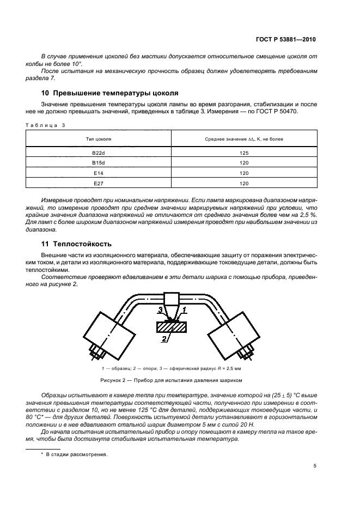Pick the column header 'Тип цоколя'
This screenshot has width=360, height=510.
click(x=99, y=139)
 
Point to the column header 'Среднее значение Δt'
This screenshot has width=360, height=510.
click(x=244, y=139)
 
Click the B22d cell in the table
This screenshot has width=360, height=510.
click(x=99, y=153)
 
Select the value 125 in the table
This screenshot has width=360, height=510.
click(x=244, y=153)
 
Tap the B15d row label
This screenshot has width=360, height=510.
click(x=99, y=163)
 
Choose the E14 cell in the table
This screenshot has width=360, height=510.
click(x=99, y=173)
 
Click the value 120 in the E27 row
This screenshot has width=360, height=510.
click(x=244, y=183)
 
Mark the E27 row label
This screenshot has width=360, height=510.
click(x=99, y=183)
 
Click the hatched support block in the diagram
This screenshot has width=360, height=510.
click(x=172, y=327)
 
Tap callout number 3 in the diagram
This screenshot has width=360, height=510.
click(x=160, y=310)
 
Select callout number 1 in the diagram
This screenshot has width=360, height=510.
click(x=184, y=309)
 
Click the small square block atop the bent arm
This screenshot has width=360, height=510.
click(x=172, y=299)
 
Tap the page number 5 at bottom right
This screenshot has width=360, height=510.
click(x=315, y=466)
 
